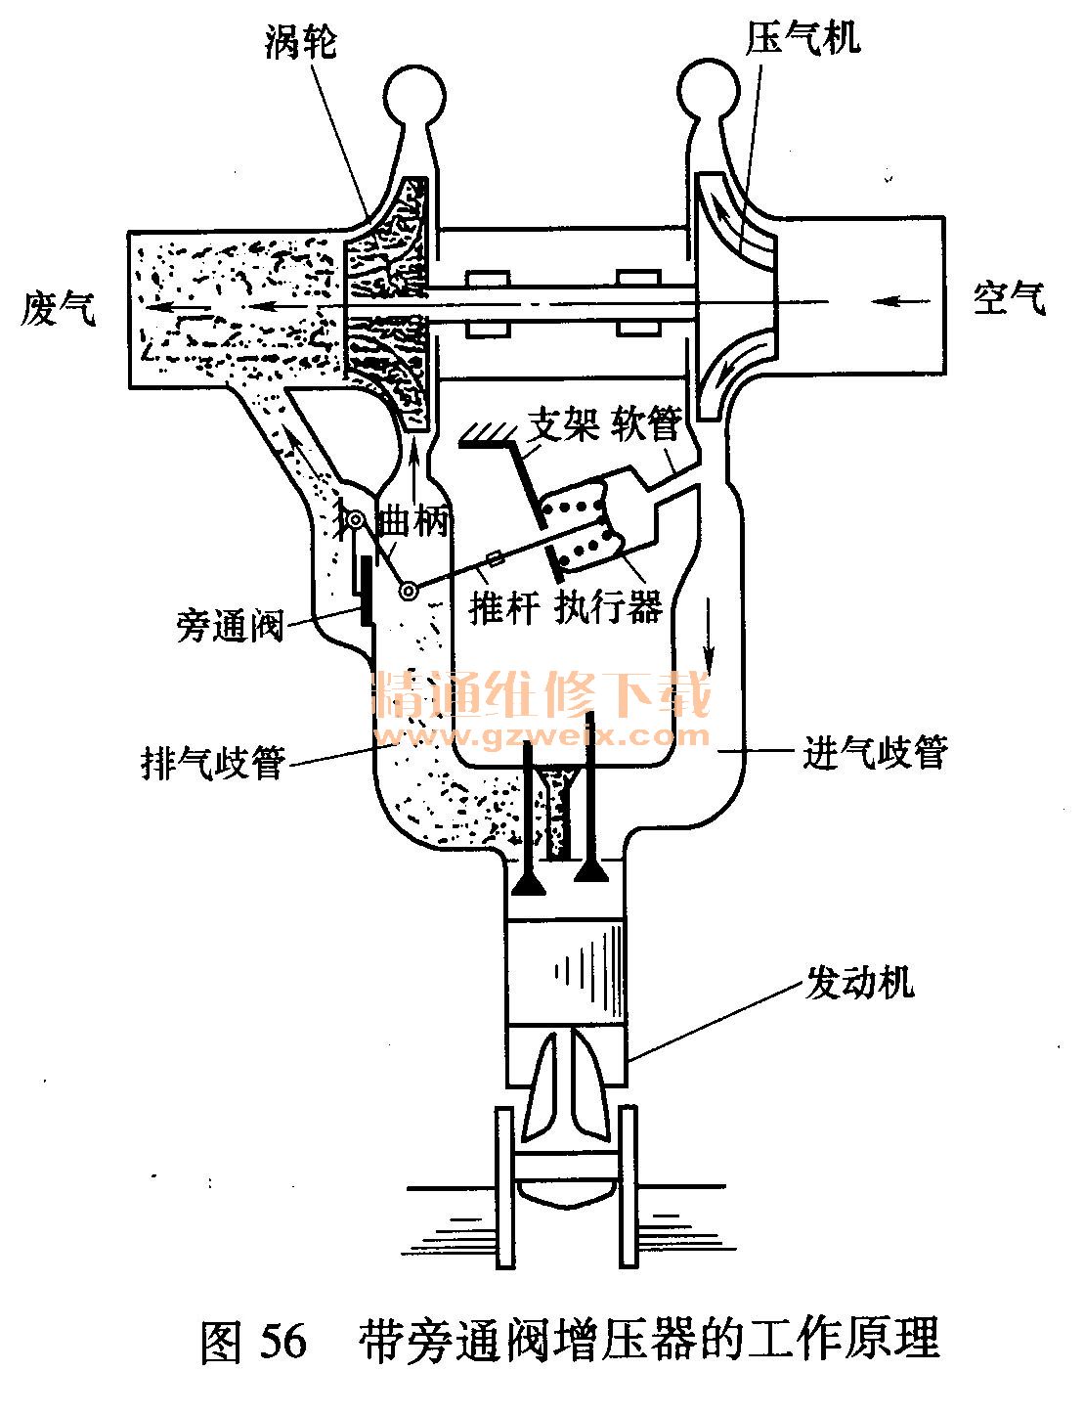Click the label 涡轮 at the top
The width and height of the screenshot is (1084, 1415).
tap(300, 42)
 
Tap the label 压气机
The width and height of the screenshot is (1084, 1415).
tap(803, 38)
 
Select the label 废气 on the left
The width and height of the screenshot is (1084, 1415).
tap(59, 310)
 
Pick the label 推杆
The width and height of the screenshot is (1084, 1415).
tap(504, 608)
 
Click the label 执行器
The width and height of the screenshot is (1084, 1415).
tap(609, 606)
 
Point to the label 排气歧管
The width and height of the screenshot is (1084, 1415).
tap(212, 761)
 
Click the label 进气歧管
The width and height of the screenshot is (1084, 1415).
tap(875, 753)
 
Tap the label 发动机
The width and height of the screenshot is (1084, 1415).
tap(860, 981)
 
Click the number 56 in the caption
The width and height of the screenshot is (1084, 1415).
tap(283, 1341)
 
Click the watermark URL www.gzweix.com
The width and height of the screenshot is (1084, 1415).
tap(545, 735)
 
